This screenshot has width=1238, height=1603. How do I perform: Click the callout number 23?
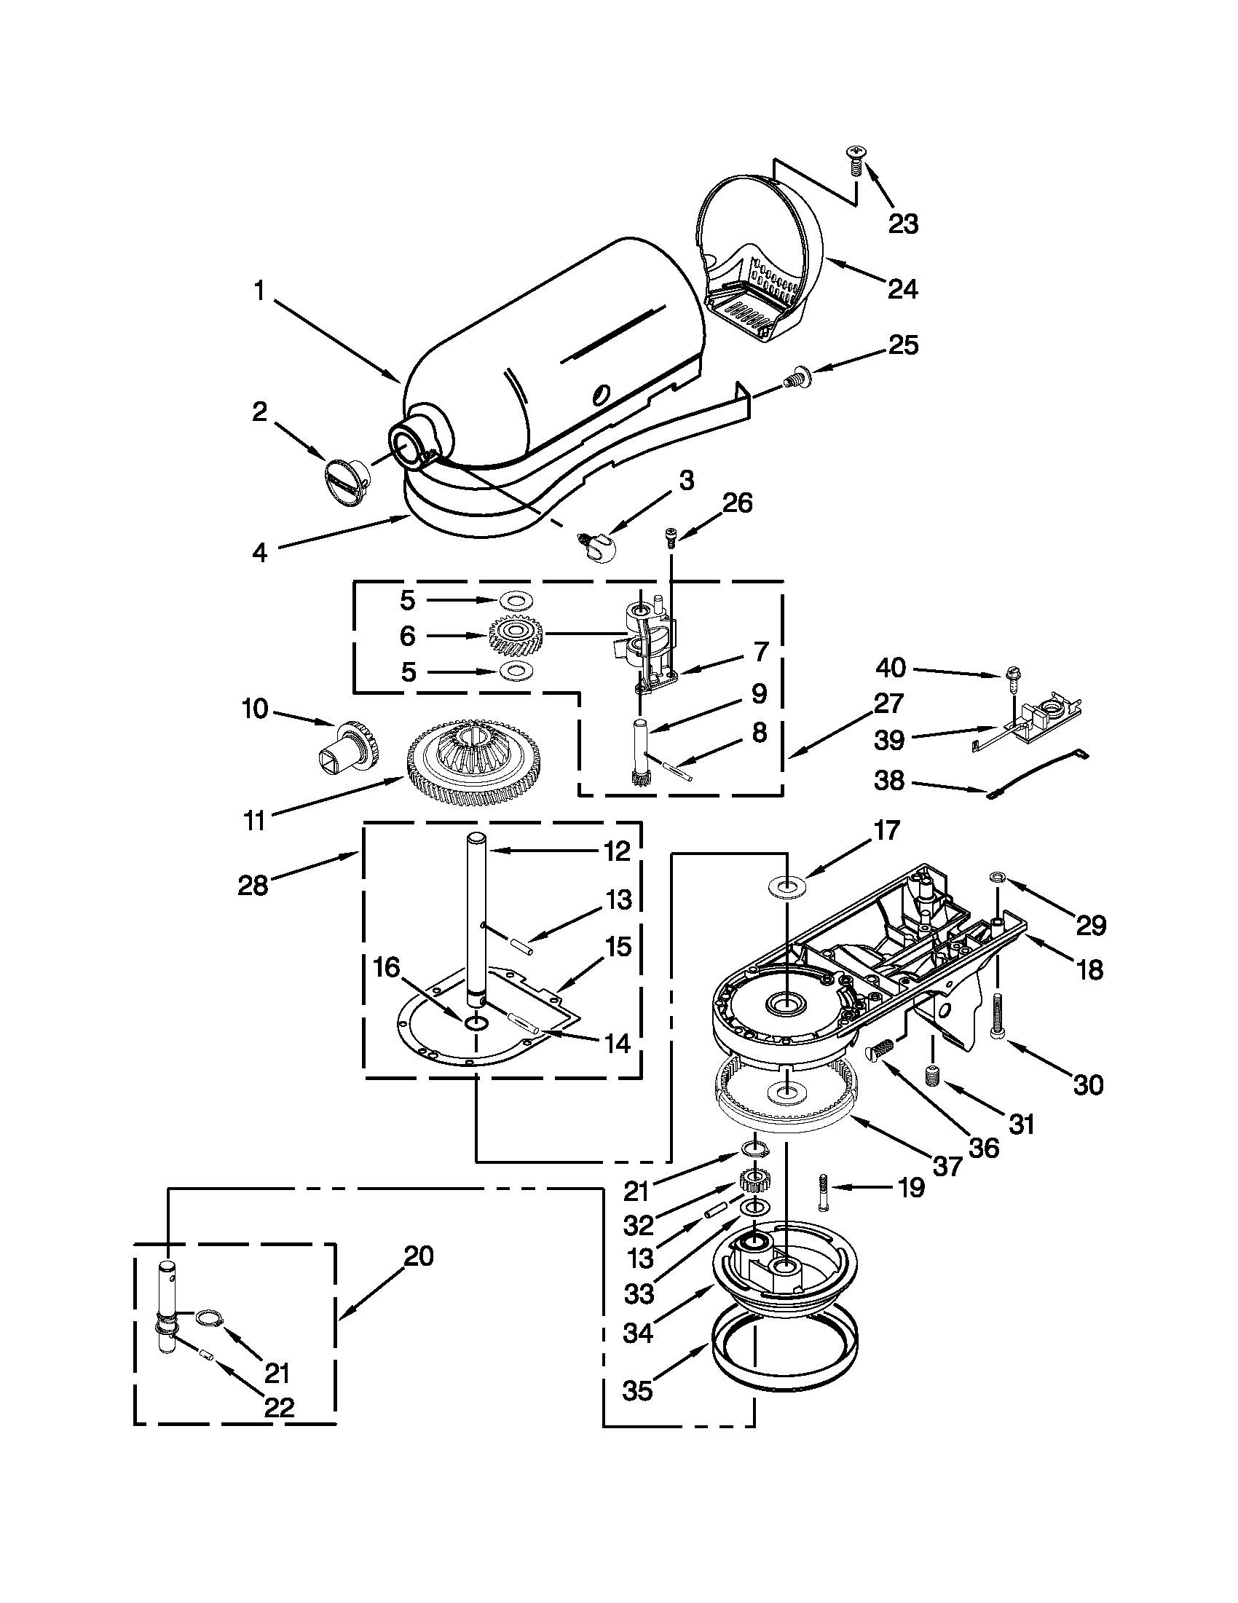[x=903, y=224]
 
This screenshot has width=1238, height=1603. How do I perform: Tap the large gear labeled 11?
[x=473, y=760]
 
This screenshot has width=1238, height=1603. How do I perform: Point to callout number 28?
[x=253, y=885]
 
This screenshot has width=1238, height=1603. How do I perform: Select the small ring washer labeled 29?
[x=997, y=876]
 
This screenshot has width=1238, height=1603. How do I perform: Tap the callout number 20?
[x=419, y=1256]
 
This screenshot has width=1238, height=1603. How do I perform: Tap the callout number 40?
[x=891, y=668]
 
